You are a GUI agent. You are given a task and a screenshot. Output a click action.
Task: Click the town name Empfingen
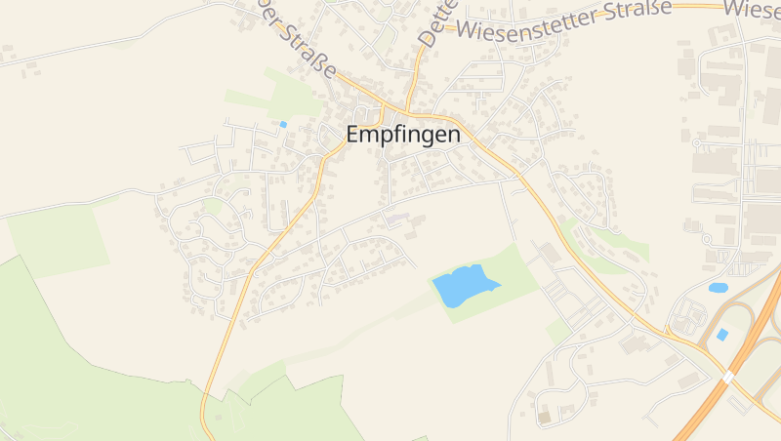403,136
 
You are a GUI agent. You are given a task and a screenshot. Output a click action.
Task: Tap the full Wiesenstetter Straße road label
563,20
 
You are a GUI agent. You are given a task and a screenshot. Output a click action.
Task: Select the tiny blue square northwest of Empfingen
283,124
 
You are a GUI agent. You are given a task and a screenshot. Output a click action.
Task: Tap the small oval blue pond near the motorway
719,288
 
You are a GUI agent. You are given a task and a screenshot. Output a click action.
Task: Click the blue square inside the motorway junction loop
722,334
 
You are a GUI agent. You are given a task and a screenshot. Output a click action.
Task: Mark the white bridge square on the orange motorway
728,376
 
